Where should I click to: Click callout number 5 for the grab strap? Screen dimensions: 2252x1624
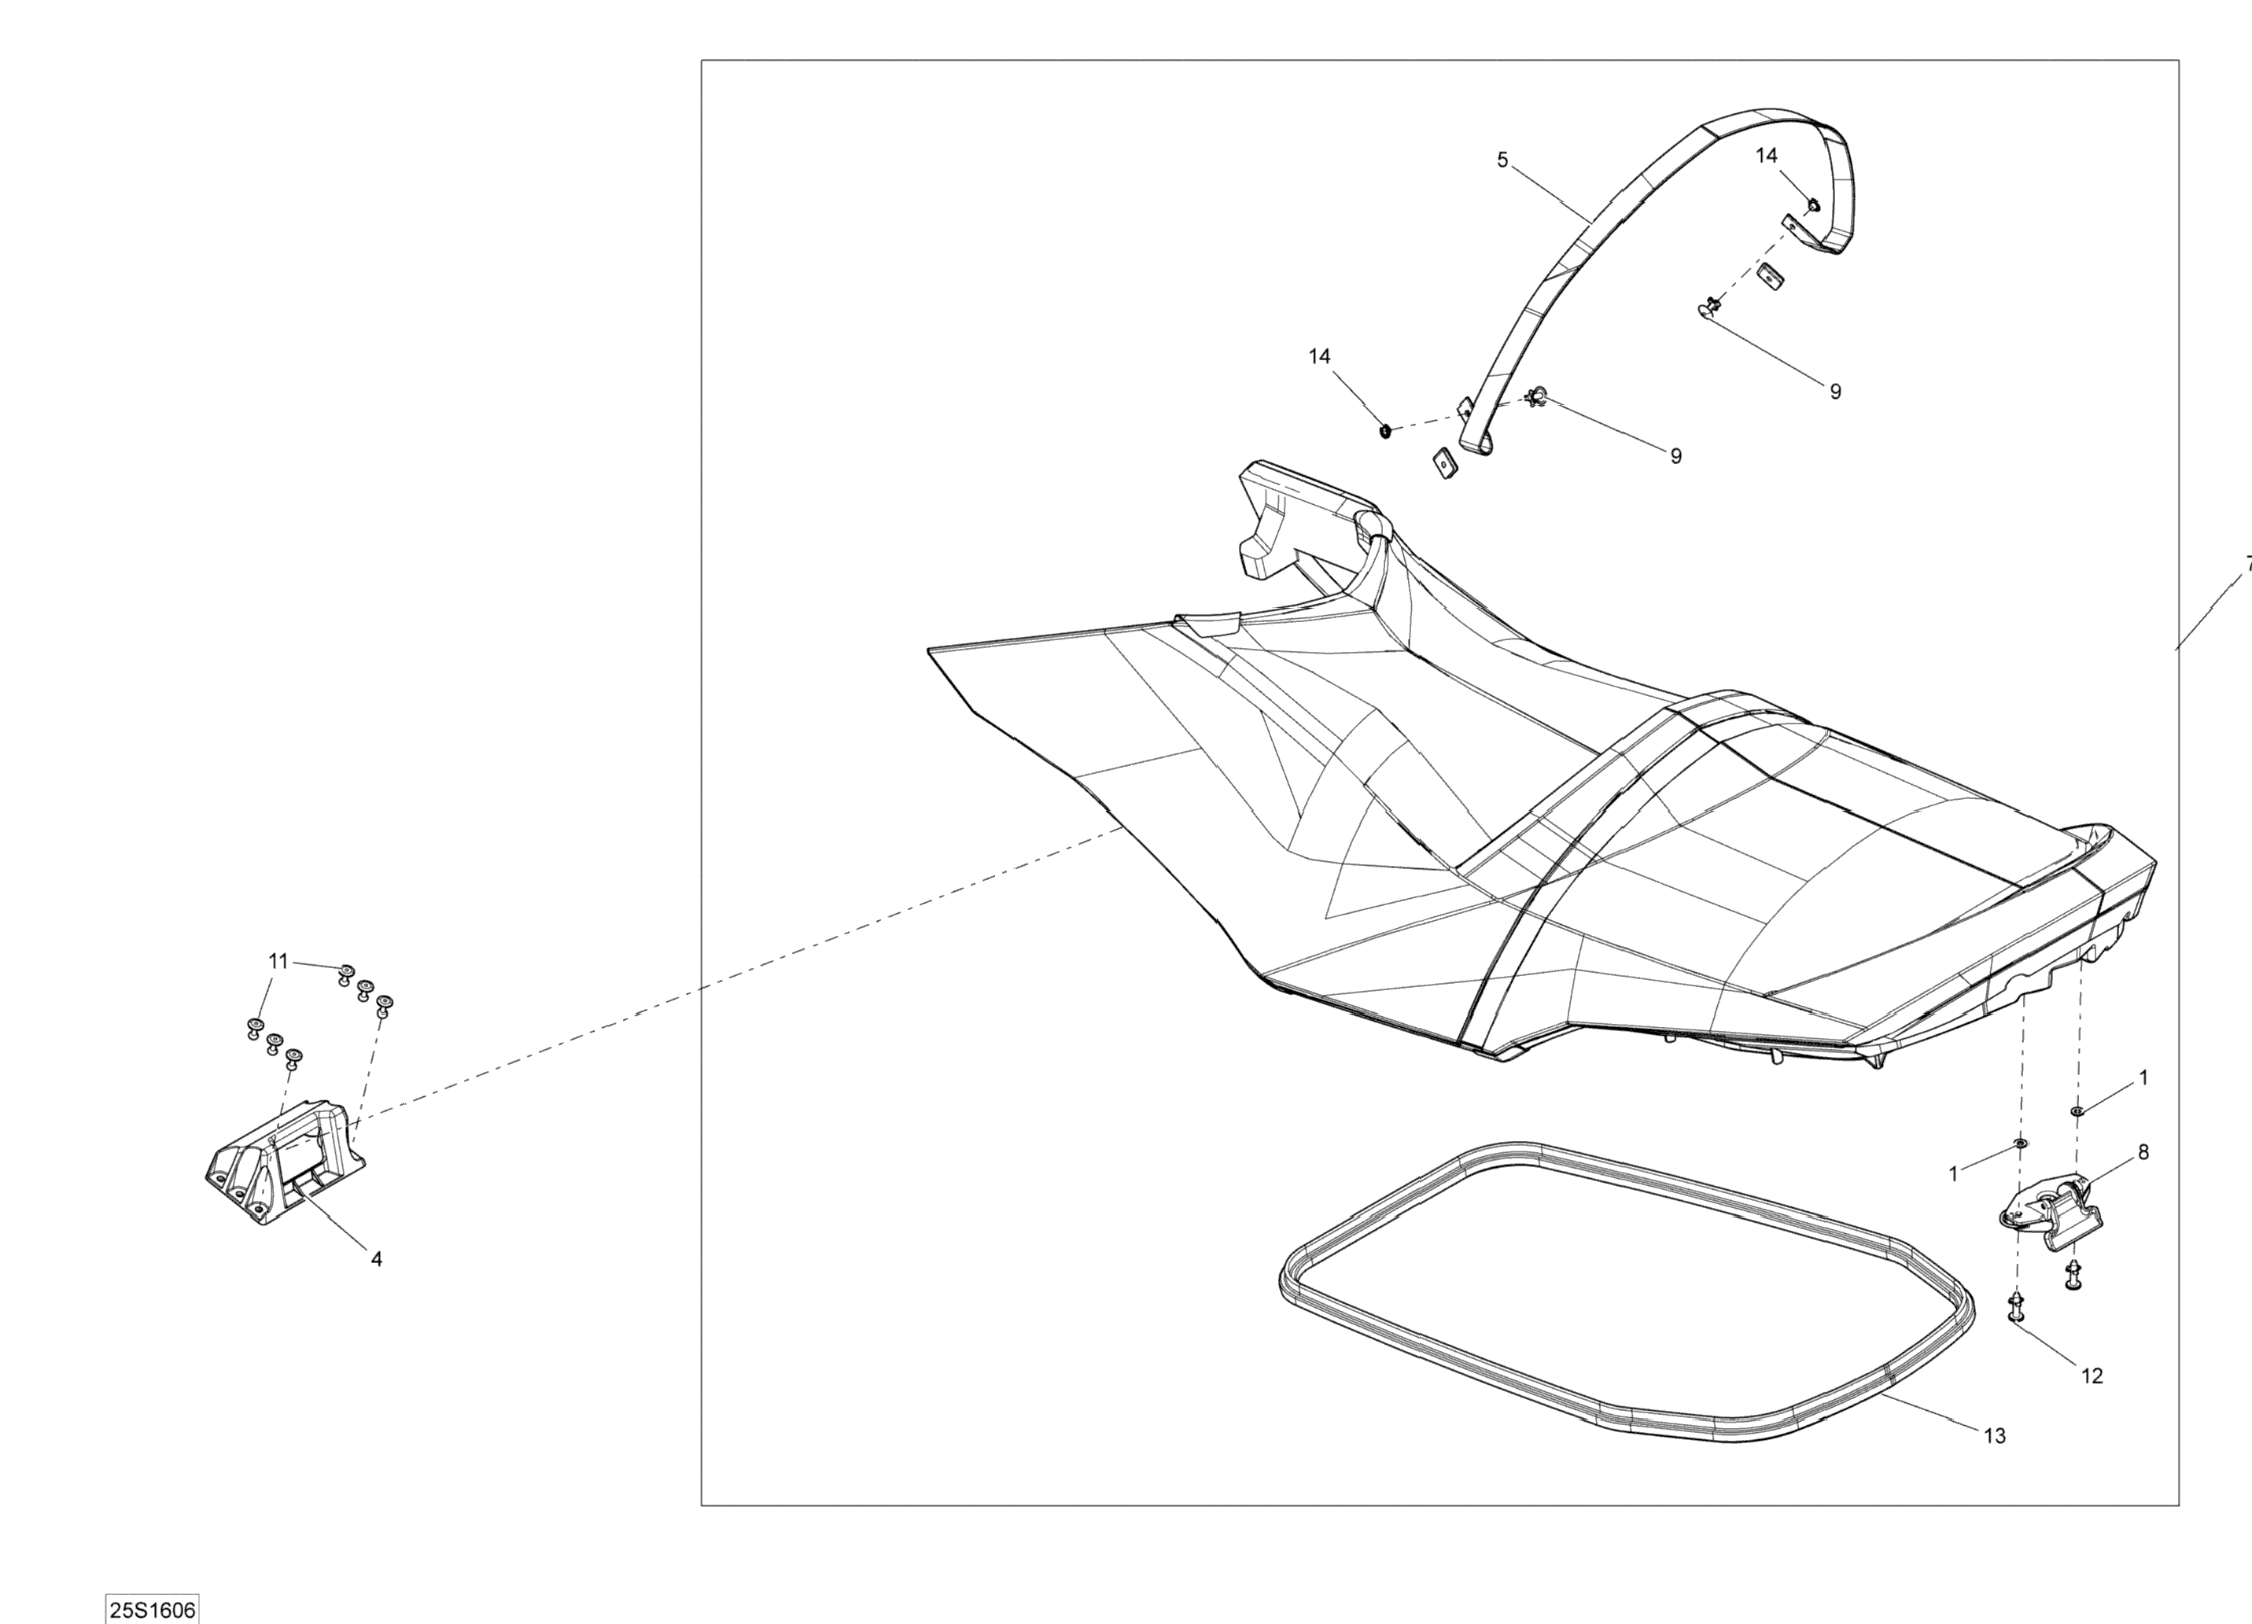[x=1502, y=160]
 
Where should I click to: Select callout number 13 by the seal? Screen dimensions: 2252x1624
[x=1995, y=1464]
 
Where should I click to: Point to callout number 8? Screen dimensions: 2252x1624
[x=2143, y=1152]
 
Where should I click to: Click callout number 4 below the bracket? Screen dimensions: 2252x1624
[x=376, y=1259]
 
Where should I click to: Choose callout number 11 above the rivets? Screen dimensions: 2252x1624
[x=278, y=961]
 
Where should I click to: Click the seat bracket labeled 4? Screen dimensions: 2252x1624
[x=283, y=1162]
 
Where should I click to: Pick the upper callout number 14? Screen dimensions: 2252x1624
[x=1767, y=156]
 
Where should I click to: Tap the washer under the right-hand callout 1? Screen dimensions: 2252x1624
[x=2077, y=1110]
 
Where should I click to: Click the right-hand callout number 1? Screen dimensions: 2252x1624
[x=2143, y=1077]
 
